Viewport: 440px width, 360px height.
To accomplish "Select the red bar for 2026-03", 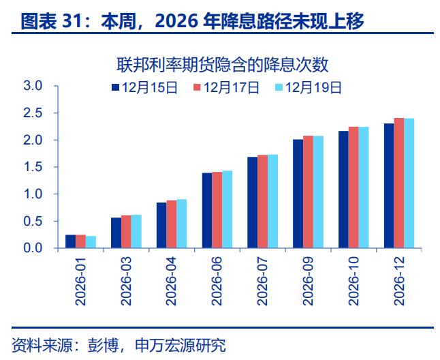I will click(126, 232).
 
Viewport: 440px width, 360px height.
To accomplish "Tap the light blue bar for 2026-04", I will click(181, 224).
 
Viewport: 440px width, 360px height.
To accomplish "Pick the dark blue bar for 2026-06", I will click(206, 211).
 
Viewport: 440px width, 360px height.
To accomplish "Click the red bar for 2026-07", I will click(262, 202).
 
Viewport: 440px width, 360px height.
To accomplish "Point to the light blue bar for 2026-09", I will click(318, 192).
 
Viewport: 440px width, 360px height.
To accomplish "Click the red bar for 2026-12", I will click(398, 183).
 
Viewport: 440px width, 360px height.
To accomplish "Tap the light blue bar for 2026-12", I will click(409, 183).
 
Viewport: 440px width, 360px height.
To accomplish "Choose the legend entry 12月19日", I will click(308, 87).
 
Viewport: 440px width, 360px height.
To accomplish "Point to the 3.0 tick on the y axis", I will click(33, 86).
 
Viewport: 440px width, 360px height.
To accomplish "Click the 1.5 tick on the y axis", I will click(33, 167).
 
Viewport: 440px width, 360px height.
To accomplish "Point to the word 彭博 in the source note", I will click(101, 345).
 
